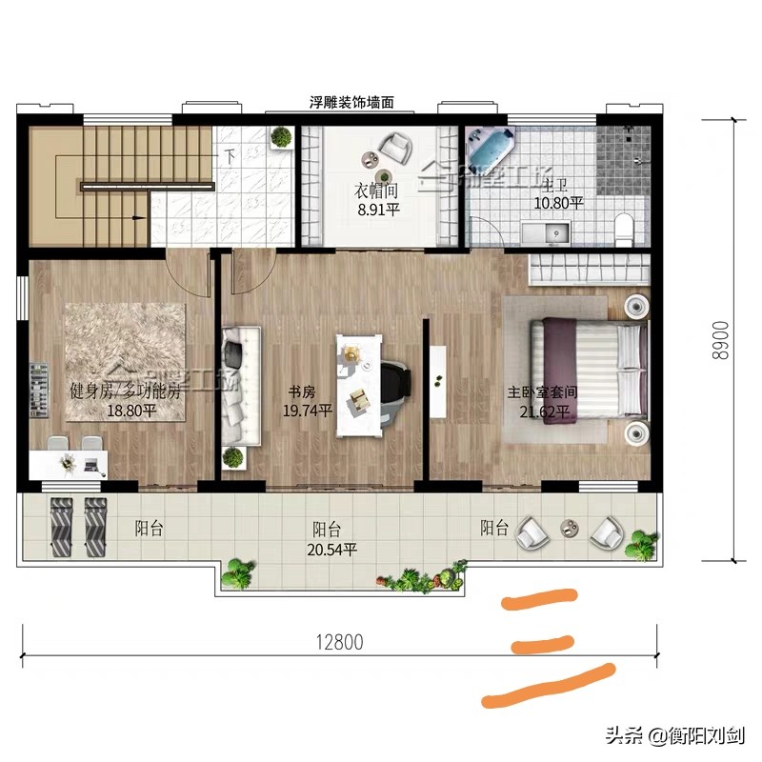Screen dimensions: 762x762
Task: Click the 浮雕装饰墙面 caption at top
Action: click(352, 100)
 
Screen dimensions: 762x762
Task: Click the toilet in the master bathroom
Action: click(624, 228)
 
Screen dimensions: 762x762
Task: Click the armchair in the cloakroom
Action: click(394, 147)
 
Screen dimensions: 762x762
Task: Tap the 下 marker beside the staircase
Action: click(230, 155)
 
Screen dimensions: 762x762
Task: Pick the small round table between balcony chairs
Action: click(570, 527)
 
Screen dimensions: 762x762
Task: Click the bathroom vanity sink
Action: click(547, 231)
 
